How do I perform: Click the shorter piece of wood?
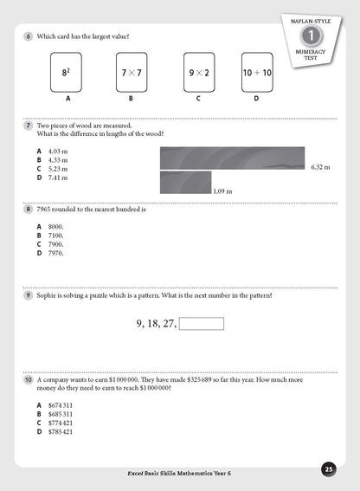185,183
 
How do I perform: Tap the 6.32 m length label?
320,167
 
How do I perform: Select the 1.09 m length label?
223,190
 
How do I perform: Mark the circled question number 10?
29,380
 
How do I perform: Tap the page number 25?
328,469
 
